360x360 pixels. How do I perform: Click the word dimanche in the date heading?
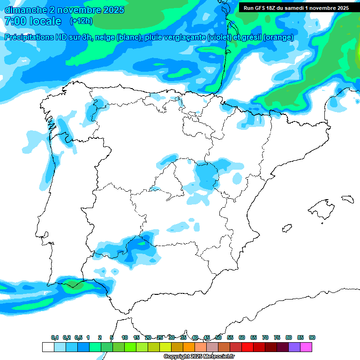[x=26, y=10]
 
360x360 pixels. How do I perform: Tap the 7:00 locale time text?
[x=33, y=21]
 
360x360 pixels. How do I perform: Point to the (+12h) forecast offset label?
[x=81, y=21]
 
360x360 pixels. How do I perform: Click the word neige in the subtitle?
[x=105, y=37]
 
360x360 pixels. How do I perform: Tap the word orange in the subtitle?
[x=279, y=37]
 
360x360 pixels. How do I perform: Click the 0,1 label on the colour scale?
[x=55, y=337]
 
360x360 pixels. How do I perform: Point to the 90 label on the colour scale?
[x=312, y=337]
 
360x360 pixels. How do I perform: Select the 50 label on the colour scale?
[x=218, y=337]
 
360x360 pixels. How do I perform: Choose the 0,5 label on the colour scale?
[x=78, y=337]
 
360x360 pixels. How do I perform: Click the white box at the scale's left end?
[x=48, y=347]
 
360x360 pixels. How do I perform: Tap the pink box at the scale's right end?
[x=306, y=347]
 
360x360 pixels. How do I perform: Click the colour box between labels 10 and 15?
[x=130, y=347]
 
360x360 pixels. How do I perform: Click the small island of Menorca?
[x=347, y=199]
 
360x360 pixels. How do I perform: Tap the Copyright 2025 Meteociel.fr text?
[x=199, y=357]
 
